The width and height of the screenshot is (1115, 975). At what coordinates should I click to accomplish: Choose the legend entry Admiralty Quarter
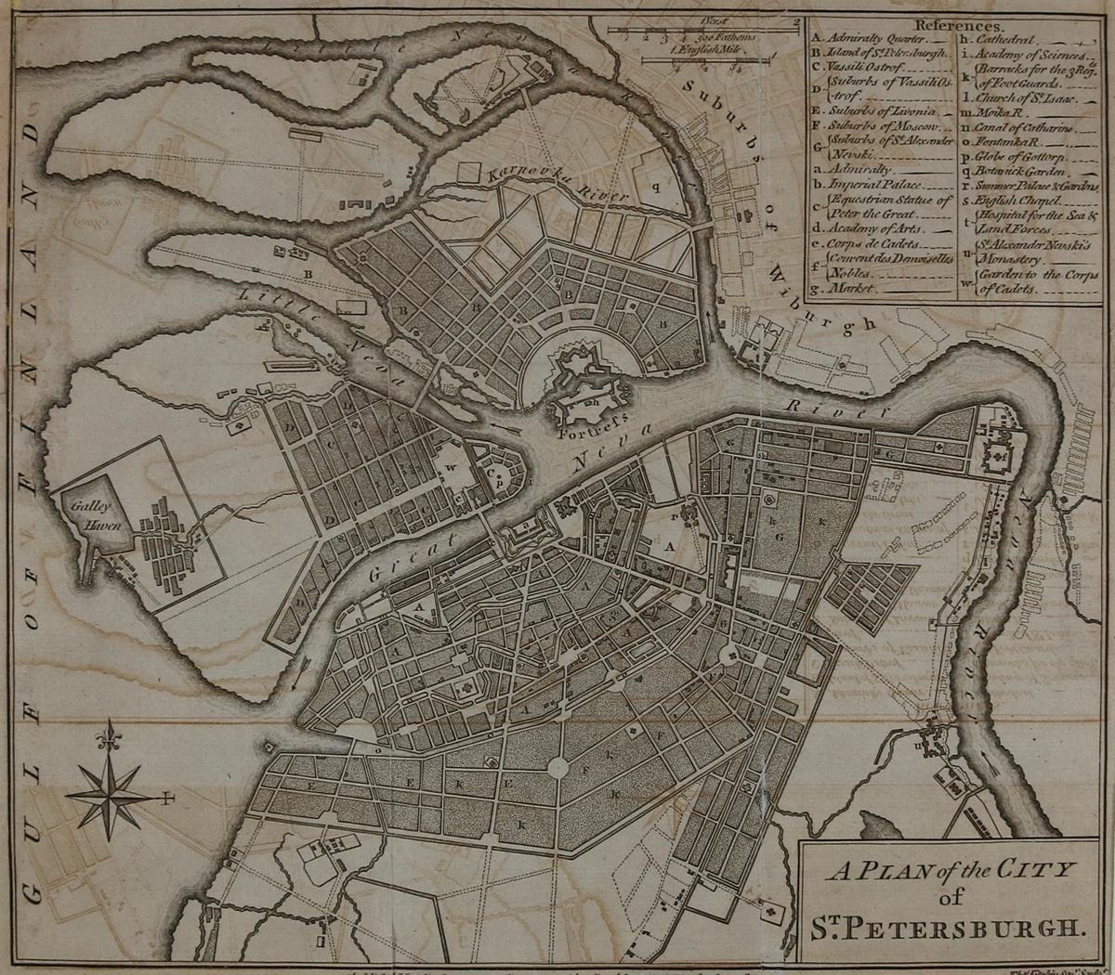pyautogui.click(x=872, y=41)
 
